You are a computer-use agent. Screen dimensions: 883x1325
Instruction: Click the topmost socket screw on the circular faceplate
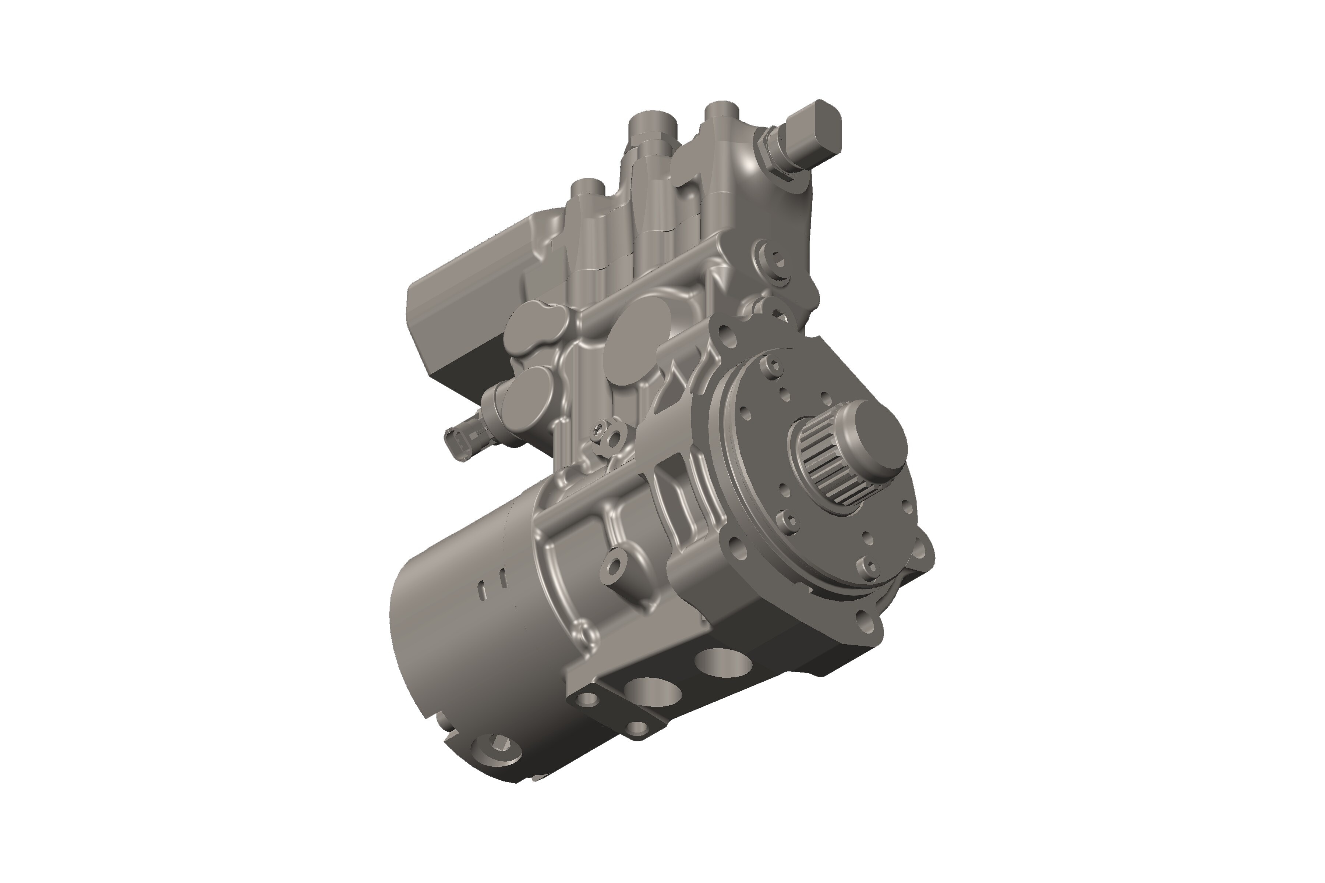pos(772,366)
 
